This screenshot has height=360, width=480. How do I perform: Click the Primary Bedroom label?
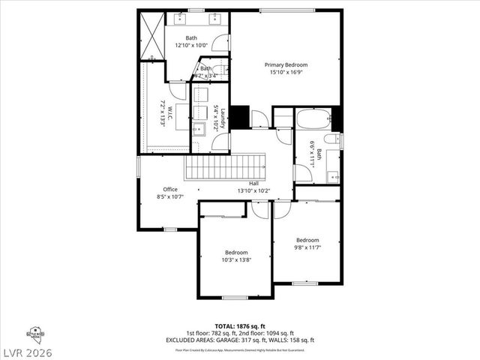click(x=286, y=65)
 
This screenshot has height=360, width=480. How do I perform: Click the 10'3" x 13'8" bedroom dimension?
click(x=236, y=260)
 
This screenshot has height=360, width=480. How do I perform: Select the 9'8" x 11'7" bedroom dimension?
click(x=307, y=247)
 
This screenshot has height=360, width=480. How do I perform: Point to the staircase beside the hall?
click(x=226, y=166)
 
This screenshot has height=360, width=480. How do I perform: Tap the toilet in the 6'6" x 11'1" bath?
click(x=332, y=139)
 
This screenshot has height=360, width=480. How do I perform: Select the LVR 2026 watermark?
click(x=28, y=351)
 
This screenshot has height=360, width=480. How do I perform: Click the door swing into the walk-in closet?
click(x=177, y=90)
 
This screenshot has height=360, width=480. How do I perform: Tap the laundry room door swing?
click(x=220, y=142)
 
